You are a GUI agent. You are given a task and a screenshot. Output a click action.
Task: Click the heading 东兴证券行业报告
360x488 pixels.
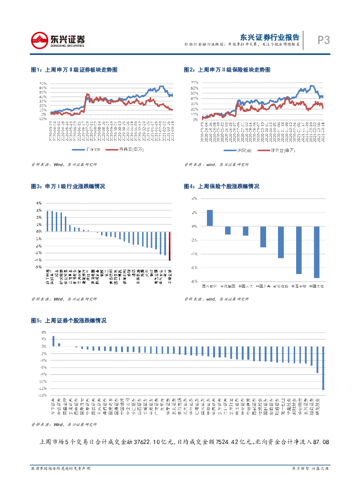(x=270, y=37)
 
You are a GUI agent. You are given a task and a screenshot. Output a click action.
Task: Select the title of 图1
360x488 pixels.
(x=74, y=70)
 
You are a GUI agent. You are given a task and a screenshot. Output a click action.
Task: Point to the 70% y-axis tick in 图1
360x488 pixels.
(x=43, y=82)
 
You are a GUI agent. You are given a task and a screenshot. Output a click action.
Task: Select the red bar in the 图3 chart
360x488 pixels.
(x=169, y=246)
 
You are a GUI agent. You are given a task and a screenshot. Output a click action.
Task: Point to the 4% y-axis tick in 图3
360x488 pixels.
(x=38, y=203)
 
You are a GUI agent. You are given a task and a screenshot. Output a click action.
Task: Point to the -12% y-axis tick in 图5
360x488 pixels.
(x=42, y=388)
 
